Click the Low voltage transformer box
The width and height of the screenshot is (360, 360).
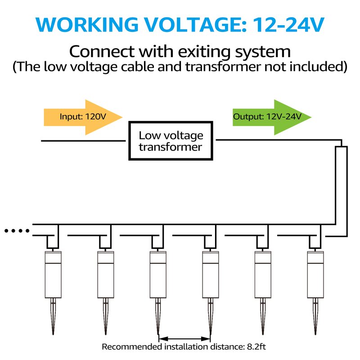171,140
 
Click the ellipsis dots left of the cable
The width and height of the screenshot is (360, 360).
17,231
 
